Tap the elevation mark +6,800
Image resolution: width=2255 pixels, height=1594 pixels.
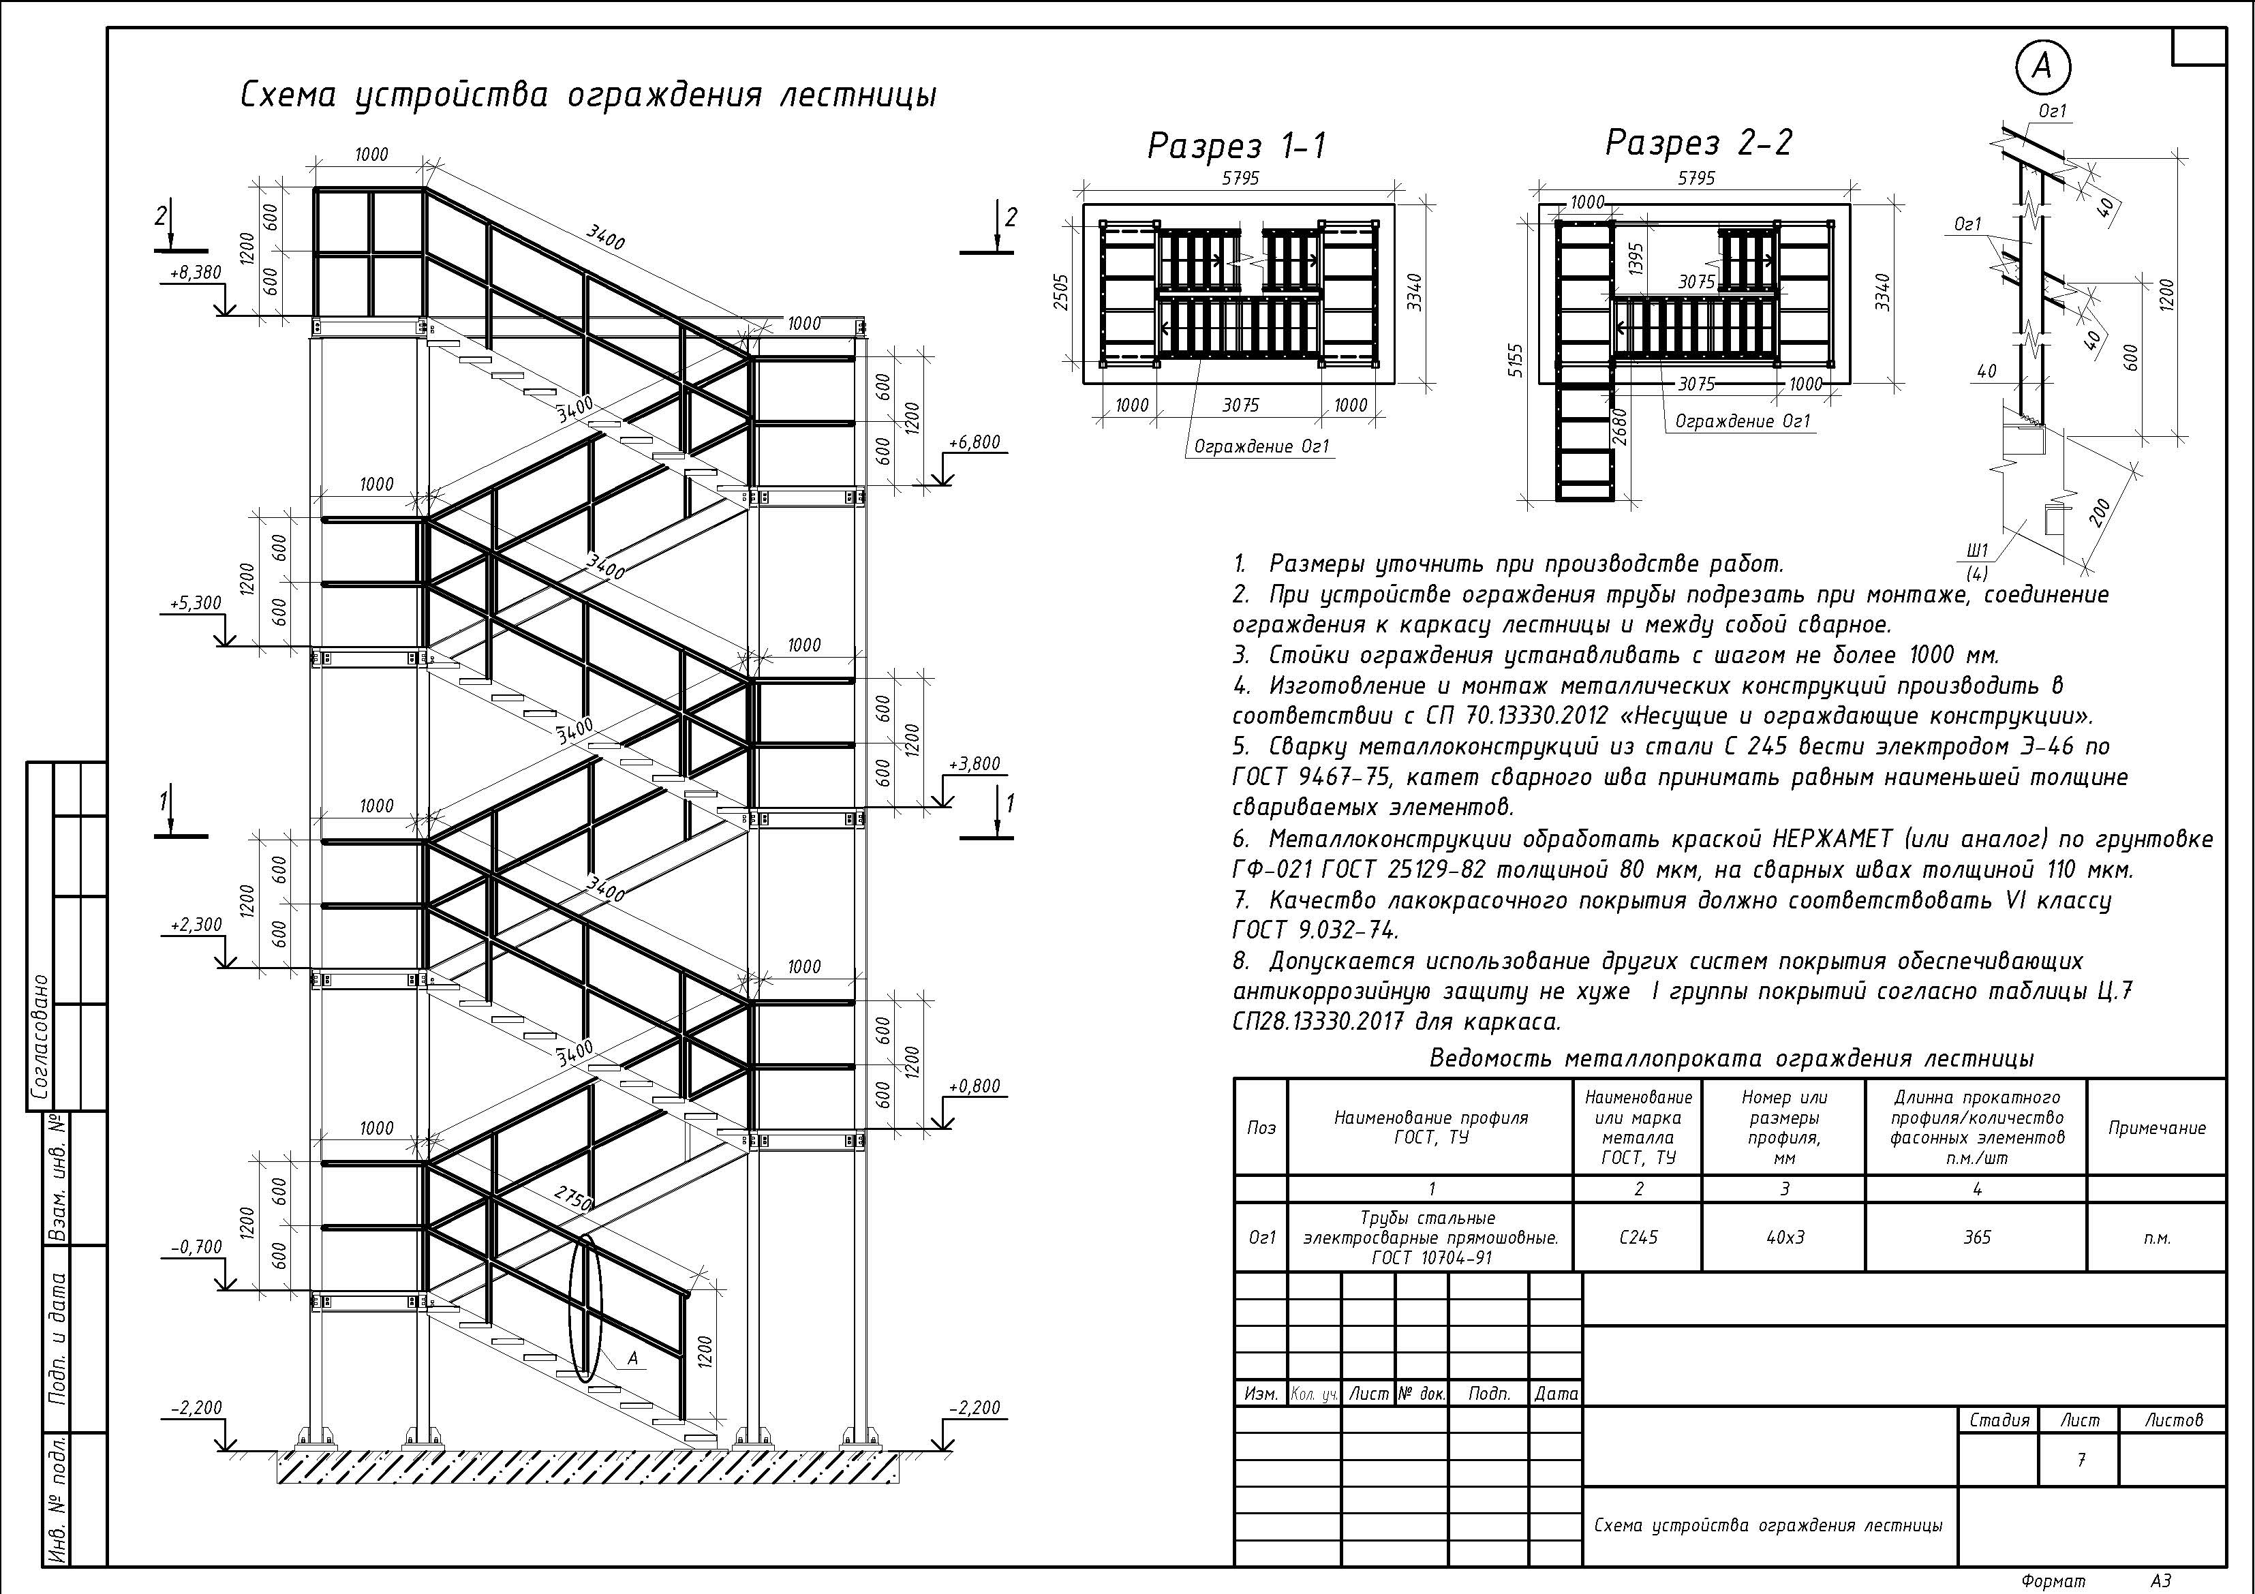(x=973, y=443)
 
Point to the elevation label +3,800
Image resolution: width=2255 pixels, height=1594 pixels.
(x=973, y=764)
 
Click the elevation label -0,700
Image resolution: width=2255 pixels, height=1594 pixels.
(x=196, y=1246)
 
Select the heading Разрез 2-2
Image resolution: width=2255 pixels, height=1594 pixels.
(x=1698, y=143)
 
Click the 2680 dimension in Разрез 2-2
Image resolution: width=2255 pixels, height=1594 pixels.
(x=1621, y=427)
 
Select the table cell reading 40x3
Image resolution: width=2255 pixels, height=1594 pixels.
(x=1785, y=1238)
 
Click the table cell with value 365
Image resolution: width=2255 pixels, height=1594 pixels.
(x=1976, y=1238)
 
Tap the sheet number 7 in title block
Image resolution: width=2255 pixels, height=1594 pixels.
(x=2080, y=1460)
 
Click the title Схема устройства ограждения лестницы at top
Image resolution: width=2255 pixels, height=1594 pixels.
(x=587, y=96)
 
